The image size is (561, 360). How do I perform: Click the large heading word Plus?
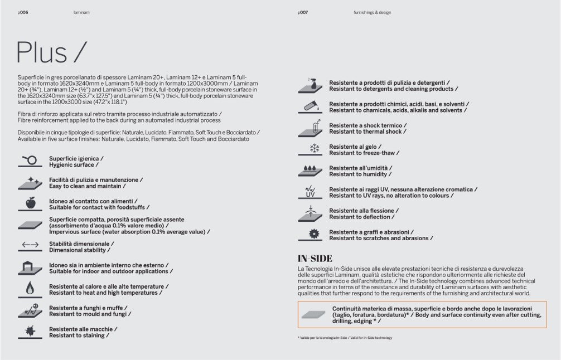click(42, 52)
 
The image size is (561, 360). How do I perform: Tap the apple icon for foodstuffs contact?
click(31, 203)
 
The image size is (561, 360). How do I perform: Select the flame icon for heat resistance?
click(31, 288)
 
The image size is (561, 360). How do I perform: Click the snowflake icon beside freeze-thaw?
click(314, 149)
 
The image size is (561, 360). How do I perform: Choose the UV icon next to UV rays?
click(311, 192)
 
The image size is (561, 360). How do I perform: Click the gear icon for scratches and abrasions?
click(314, 234)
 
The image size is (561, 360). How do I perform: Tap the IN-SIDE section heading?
click(315, 259)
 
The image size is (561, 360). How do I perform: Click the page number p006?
click(23, 12)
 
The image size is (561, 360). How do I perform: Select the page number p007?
click(303, 12)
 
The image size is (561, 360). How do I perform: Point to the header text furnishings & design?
click(372, 12)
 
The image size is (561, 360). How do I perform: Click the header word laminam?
click(81, 12)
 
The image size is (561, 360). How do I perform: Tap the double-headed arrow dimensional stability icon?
click(30, 246)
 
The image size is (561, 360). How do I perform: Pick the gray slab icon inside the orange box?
click(313, 314)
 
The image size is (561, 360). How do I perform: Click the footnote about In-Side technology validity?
click(345, 338)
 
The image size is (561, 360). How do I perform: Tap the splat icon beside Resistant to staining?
click(31, 332)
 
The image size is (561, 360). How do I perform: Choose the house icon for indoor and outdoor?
click(31, 268)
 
